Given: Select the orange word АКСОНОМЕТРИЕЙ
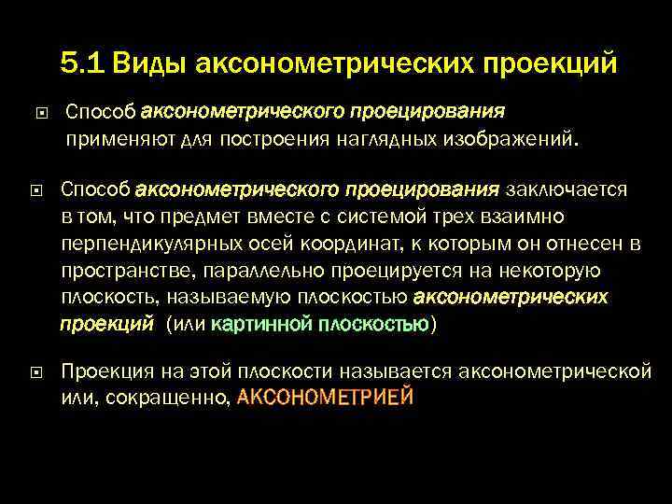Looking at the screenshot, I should [325, 397].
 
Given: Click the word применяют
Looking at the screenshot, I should [109, 140].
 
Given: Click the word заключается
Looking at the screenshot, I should [567, 190].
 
